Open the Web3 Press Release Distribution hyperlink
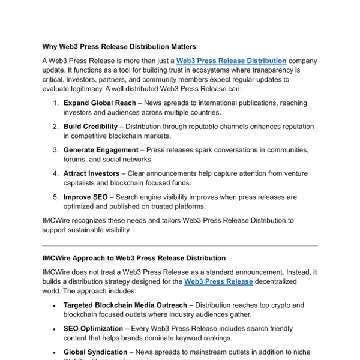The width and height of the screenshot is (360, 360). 231,61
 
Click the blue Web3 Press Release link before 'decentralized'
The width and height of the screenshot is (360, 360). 218,281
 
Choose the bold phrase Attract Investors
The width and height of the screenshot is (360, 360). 91,173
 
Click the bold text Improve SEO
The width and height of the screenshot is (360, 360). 85,197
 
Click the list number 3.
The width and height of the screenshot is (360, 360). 55,150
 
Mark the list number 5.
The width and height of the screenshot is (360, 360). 55,197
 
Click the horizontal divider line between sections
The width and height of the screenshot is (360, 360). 180,245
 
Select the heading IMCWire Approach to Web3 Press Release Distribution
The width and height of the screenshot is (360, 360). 134,258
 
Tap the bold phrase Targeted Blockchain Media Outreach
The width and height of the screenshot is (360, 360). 125,305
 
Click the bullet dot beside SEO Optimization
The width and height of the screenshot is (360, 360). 55,329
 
